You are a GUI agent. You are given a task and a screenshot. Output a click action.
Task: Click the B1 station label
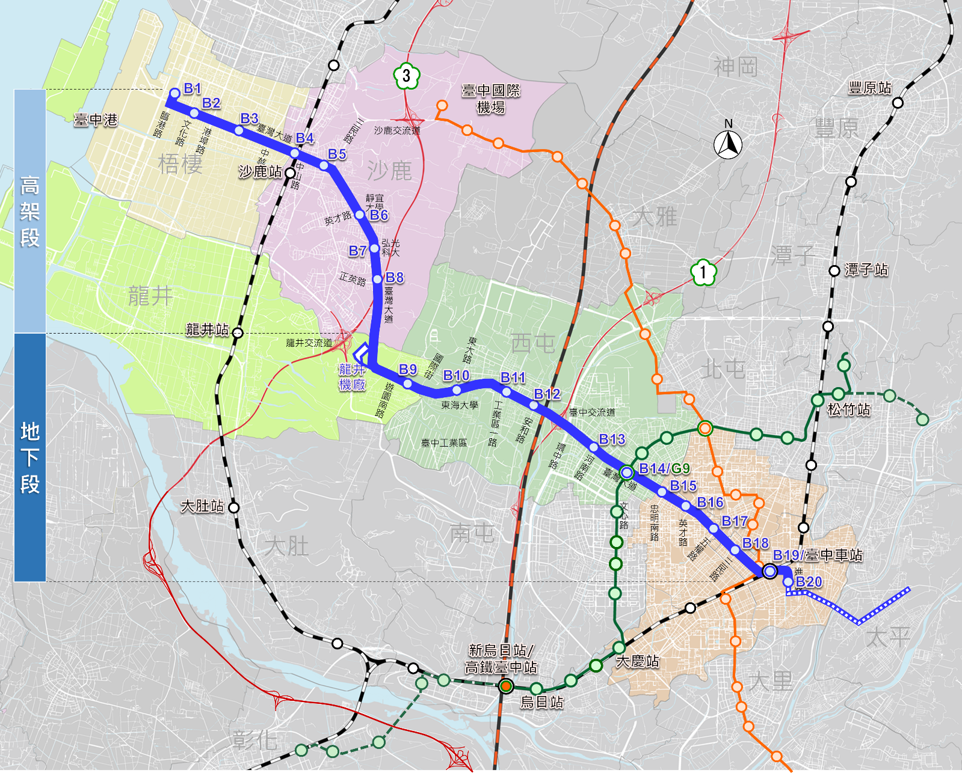point(193,89)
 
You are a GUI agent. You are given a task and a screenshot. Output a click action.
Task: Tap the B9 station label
point(408,369)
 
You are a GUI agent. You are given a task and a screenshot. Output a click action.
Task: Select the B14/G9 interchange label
point(664,468)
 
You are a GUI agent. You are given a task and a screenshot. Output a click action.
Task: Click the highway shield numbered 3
point(407,76)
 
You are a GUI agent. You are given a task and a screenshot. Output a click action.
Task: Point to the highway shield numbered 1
point(703,272)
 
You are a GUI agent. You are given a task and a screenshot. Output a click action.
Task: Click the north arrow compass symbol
point(728,142)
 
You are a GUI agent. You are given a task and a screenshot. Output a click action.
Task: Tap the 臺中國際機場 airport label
point(491,99)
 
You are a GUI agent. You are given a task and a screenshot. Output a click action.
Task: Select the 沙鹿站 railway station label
point(261,172)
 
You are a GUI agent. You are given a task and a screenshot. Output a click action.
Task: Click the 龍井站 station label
point(208,329)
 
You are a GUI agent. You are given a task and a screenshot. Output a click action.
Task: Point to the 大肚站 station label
point(203,506)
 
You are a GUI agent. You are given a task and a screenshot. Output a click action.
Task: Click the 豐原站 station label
point(870,88)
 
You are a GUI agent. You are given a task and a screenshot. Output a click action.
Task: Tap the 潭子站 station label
point(866,270)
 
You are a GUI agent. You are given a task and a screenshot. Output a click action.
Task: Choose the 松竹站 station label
point(849,410)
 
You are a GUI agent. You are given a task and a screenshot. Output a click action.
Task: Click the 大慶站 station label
point(638,661)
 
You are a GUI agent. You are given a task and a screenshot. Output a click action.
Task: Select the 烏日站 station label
point(542,702)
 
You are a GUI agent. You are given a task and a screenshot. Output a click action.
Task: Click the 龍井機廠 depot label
point(352,377)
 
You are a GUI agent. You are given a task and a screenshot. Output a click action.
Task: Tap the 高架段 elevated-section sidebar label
point(30,212)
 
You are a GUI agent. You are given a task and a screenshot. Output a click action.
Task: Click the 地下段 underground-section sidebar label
point(30,457)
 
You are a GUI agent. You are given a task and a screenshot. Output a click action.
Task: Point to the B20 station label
point(809,582)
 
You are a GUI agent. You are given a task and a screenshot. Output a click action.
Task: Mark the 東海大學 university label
point(460,405)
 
